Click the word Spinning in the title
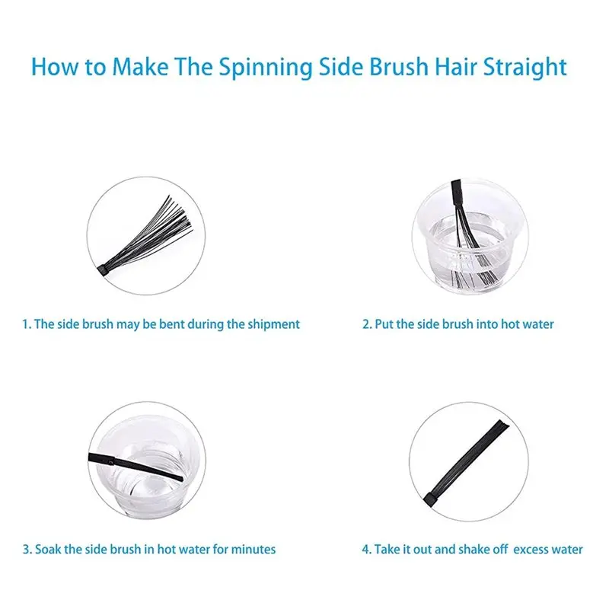point(265,68)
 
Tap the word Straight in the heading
point(525,68)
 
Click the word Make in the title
point(140,66)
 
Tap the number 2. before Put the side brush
point(367,324)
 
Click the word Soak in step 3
point(48,549)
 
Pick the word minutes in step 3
point(253,549)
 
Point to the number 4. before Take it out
point(367,550)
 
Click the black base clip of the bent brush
point(103,269)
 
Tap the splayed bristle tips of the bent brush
point(180,214)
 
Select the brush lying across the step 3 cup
point(136,466)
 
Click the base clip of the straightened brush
point(430,500)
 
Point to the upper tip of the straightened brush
point(504,423)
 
